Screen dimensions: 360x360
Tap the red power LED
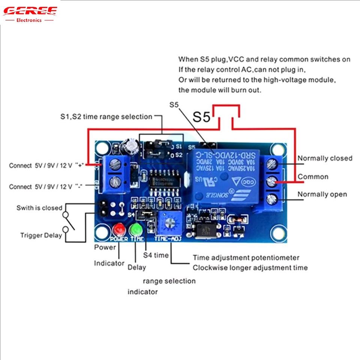pos(120,228)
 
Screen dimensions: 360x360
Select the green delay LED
pos(135,228)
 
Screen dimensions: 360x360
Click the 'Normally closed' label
pos(325,158)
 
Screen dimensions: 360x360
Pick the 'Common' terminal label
pos(313,177)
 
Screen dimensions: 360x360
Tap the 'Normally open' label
pos(322,194)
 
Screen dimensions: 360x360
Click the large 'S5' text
pos(202,117)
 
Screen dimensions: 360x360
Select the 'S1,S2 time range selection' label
pos(106,117)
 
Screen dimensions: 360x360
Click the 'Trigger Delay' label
pos(41,235)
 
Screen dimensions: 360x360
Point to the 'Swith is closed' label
pos(39,208)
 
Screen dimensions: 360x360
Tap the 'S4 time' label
pos(156,255)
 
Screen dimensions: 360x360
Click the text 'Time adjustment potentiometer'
pos(246,258)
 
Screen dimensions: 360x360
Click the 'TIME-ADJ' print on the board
pos(168,239)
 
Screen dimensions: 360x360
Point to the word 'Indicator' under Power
pos(109,263)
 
